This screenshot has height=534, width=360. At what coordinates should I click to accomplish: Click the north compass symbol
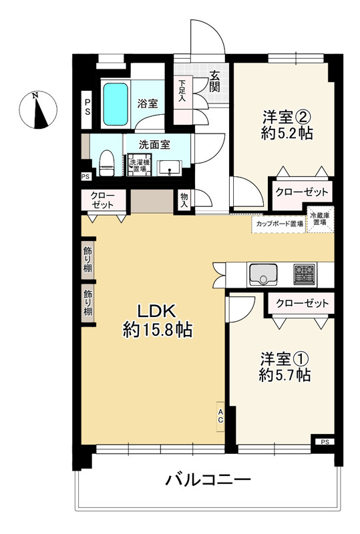38,109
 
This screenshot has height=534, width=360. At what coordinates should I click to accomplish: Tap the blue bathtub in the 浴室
116,104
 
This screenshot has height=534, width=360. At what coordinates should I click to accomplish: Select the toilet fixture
107,163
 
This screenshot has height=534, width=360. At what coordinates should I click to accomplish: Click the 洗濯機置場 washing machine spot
139,165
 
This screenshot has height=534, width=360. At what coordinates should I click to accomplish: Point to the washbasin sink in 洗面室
169,168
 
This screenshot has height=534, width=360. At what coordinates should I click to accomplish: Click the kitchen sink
263,274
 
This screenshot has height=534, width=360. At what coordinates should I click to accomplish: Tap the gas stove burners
305,274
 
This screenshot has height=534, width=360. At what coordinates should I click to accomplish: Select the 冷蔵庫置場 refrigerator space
320,220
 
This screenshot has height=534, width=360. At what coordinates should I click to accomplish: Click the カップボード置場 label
280,224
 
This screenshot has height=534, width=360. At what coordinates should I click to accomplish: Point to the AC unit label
220,417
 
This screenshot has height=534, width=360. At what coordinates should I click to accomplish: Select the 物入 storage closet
184,201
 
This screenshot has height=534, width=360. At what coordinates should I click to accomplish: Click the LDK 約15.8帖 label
158,321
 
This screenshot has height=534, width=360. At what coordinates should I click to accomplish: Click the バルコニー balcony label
208,480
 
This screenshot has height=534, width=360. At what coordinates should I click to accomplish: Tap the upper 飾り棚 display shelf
88,259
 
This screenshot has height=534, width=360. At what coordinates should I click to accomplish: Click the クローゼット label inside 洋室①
303,303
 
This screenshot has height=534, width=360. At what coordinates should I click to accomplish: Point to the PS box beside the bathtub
87,107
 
